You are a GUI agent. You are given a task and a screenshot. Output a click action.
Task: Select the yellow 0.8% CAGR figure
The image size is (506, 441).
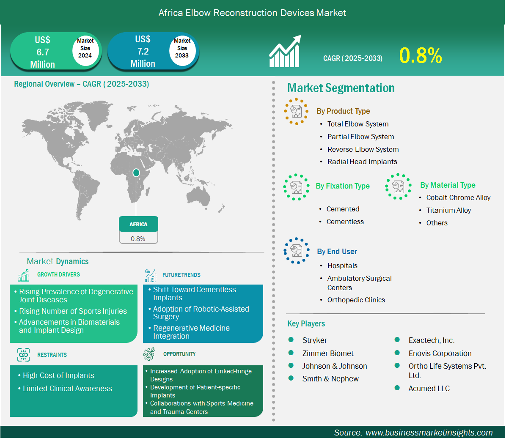coord(421,55)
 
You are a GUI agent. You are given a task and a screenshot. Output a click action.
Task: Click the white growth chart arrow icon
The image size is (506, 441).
coord(285,51)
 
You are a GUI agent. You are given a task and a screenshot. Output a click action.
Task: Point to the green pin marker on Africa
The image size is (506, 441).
coord(136,173)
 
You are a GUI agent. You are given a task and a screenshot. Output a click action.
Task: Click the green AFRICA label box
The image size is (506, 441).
coord(138,224)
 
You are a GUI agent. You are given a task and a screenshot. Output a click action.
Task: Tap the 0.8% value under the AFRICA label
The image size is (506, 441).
coord(138,239)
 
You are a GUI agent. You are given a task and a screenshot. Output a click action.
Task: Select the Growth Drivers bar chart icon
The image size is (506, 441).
coord(24,275)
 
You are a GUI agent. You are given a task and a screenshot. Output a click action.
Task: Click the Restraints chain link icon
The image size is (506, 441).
coord(23,355)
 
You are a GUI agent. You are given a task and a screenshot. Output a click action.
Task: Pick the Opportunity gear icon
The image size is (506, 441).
coord(149,354)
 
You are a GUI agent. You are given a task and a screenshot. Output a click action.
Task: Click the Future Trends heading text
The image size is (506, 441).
coord(181,275)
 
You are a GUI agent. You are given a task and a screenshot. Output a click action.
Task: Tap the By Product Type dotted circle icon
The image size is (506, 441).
coord(296,112)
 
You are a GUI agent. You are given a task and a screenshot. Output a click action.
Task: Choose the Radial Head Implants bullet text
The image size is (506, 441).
coord(362,162)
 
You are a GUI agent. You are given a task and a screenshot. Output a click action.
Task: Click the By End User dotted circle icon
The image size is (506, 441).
coord(296,251)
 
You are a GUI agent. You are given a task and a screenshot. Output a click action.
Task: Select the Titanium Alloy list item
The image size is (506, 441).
coord(448,210)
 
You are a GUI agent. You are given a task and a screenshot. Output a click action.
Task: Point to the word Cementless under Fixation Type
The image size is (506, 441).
coord(345,222)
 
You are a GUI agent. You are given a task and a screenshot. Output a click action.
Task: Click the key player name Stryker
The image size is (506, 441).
coord(315,340)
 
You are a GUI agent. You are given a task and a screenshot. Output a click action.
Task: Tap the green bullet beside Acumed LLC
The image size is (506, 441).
coord(397,388)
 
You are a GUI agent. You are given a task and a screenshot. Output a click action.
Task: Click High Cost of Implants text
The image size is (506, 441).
coord(58,375)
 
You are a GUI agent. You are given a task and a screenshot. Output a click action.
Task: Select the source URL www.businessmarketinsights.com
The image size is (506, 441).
coord(429,433)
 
